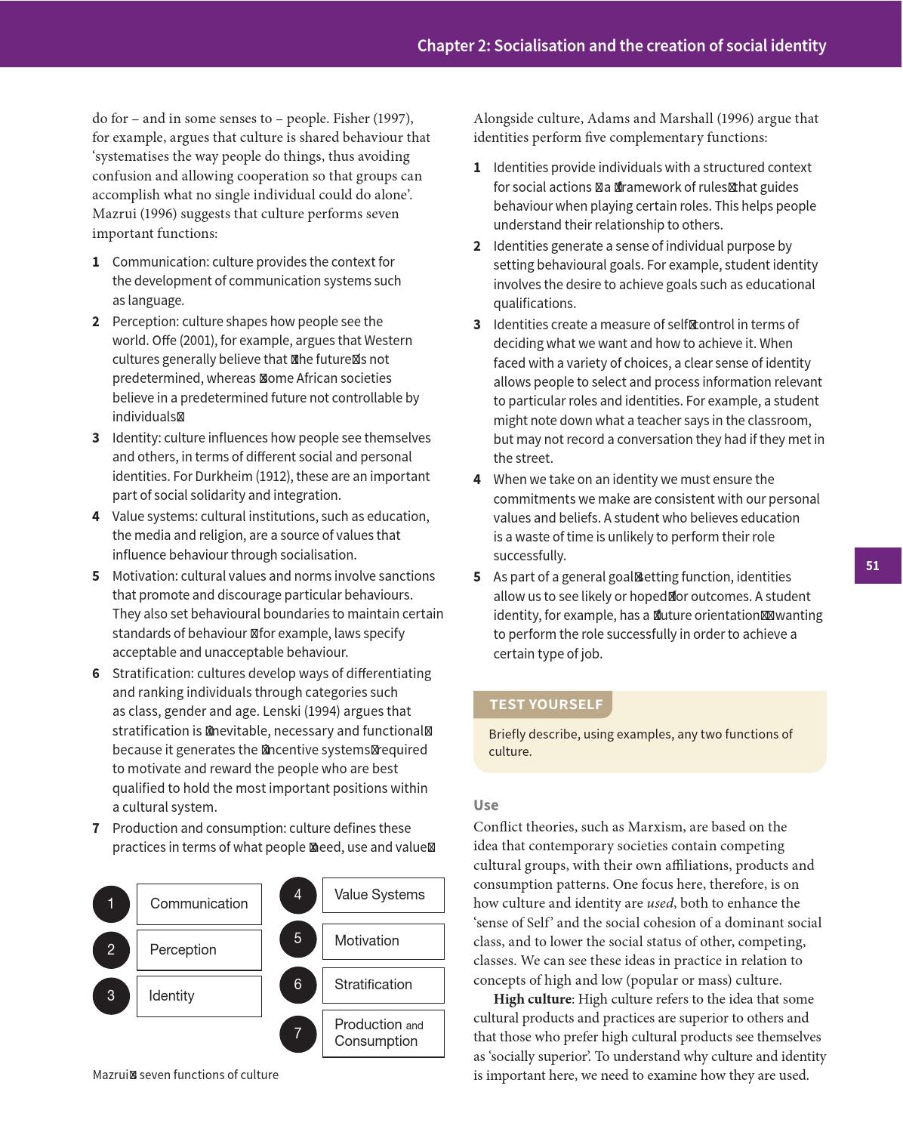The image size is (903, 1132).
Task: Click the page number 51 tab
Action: tap(877, 566)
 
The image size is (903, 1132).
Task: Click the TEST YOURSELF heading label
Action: tap(546, 705)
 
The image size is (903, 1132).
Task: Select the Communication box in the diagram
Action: tap(199, 904)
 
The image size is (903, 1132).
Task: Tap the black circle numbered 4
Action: tap(297, 895)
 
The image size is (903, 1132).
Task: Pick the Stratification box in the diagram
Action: tap(383, 985)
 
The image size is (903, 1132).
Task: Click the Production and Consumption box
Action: tap(383, 1033)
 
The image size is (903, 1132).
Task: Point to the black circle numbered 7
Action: tap(297, 1033)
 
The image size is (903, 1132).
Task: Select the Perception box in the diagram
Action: tap(199, 950)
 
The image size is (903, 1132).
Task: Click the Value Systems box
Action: tap(383, 895)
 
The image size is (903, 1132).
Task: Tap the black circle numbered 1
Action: tap(111, 904)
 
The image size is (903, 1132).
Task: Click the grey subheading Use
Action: tap(485, 805)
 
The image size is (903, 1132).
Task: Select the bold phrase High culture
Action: tap(532, 999)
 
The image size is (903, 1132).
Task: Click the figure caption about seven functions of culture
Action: tap(186, 1075)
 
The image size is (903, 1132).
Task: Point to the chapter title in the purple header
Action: tap(621, 46)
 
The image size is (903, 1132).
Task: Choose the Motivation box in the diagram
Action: tap(383, 941)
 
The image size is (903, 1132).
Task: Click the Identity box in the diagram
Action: tap(199, 996)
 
